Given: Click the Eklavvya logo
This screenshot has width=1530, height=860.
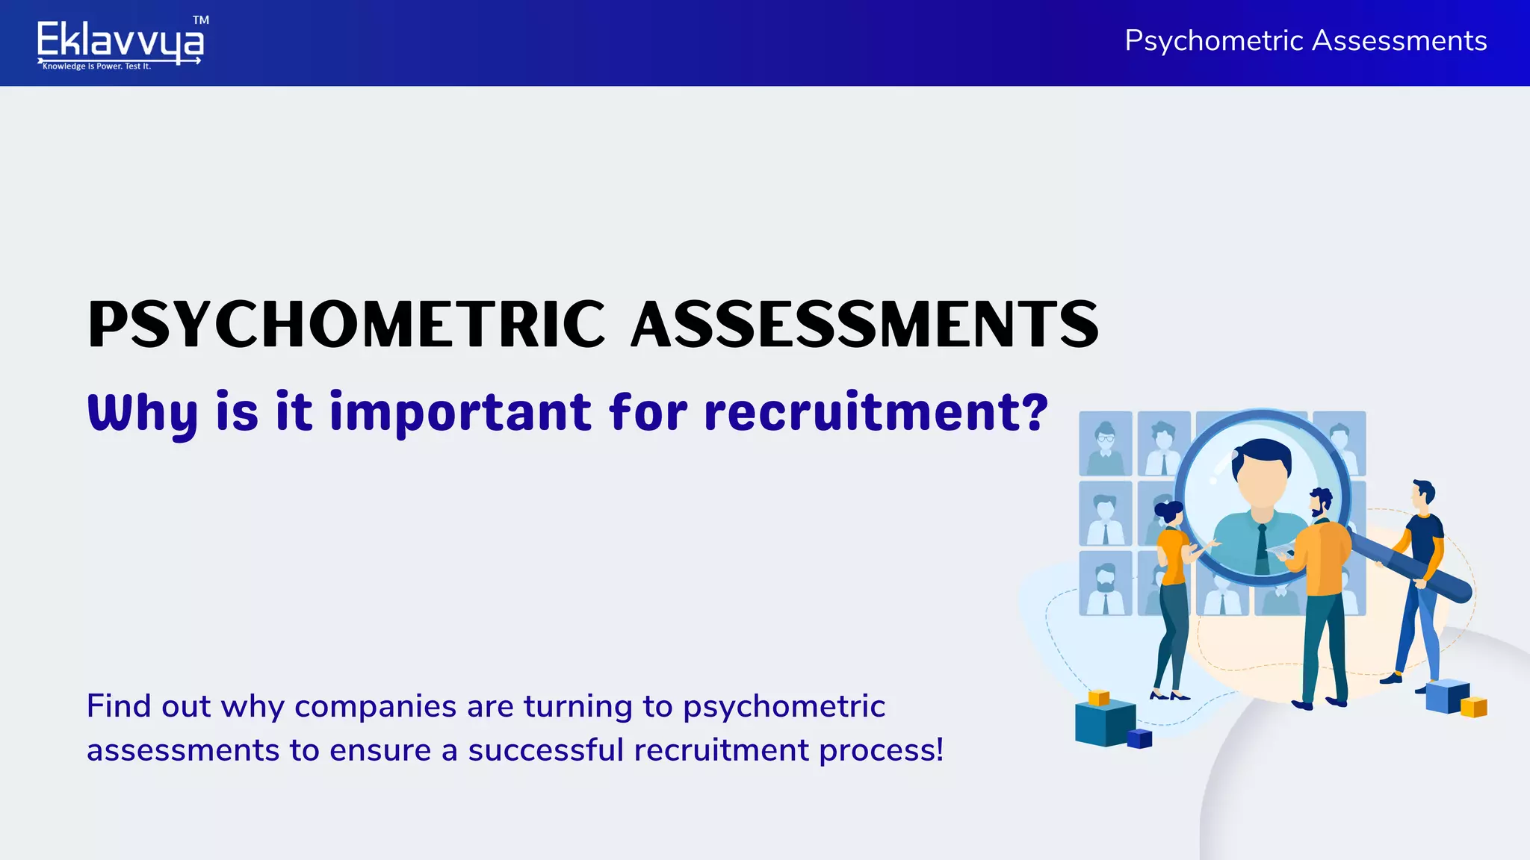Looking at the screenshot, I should (x=120, y=40).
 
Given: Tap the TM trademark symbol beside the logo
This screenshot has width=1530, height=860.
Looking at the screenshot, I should (x=200, y=20).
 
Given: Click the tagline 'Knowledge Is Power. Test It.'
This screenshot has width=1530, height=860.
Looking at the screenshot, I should (x=96, y=66).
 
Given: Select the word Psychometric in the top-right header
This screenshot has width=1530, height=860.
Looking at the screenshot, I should (x=1214, y=40).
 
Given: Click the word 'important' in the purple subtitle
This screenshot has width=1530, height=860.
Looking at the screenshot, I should (x=460, y=413).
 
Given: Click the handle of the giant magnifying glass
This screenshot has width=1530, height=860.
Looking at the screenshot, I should (x=1412, y=567).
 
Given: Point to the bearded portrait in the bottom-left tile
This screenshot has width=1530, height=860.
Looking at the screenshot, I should (x=1106, y=584).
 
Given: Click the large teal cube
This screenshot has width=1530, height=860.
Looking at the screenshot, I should (x=1103, y=723).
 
